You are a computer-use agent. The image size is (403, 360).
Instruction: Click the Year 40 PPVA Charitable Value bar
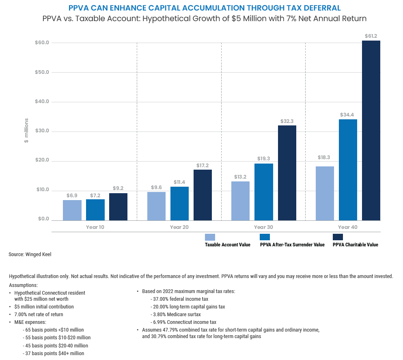coord(371,130)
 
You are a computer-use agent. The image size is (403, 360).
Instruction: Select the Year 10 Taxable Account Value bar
coord(72,210)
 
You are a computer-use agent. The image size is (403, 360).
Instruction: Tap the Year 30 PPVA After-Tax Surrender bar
coord(264,192)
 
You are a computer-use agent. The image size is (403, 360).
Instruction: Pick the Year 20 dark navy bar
coord(203,195)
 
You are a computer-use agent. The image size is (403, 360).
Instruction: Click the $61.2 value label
coord(371,36)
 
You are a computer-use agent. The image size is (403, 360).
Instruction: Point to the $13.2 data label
coord(240,177)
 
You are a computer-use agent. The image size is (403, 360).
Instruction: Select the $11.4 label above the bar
coord(179,182)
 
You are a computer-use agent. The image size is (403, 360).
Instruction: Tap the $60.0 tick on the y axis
coord(42,43)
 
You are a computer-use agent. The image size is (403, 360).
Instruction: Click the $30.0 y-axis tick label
coord(42,131)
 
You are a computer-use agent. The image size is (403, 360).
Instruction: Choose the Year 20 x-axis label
coord(179,227)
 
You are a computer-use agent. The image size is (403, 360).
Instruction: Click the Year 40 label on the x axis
coord(348,227)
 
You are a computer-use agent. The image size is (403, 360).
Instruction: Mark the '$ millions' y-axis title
coord(26,131)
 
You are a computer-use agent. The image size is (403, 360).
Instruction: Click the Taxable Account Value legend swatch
coord(210,237)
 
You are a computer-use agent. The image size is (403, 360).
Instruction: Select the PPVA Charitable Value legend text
coord(355,245)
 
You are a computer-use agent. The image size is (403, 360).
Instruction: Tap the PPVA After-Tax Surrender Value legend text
coord(292,245)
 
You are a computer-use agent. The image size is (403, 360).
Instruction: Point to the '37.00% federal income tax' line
coord(177,299)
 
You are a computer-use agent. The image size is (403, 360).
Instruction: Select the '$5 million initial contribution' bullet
coord(44,306)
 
